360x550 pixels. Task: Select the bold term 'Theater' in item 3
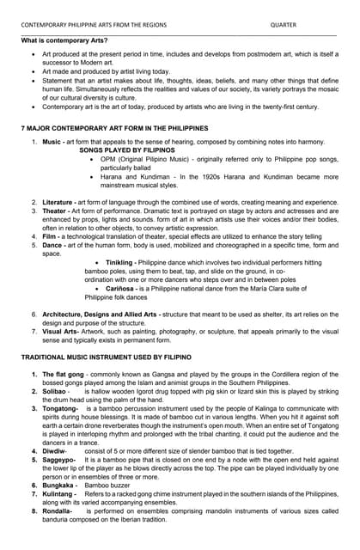coord(55,211)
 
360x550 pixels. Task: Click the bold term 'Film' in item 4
coord(49,236)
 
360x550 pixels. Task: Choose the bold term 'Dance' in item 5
coord(52,245)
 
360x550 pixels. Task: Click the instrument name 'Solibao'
coord(54,391)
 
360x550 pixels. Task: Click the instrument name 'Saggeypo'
coord(58,460)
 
